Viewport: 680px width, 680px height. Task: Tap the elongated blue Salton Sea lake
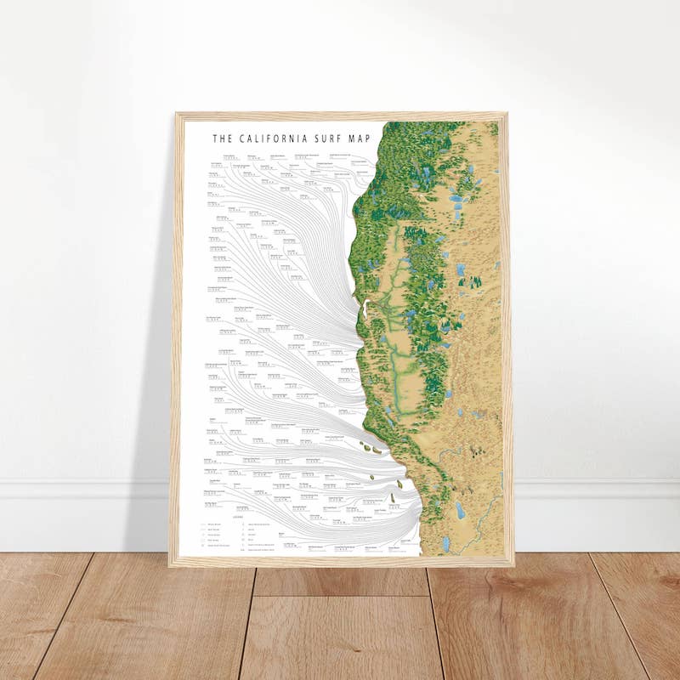[460, 510]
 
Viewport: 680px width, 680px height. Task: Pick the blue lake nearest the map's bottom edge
[445, 542]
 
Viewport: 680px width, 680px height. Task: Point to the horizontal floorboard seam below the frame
[340, 594]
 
